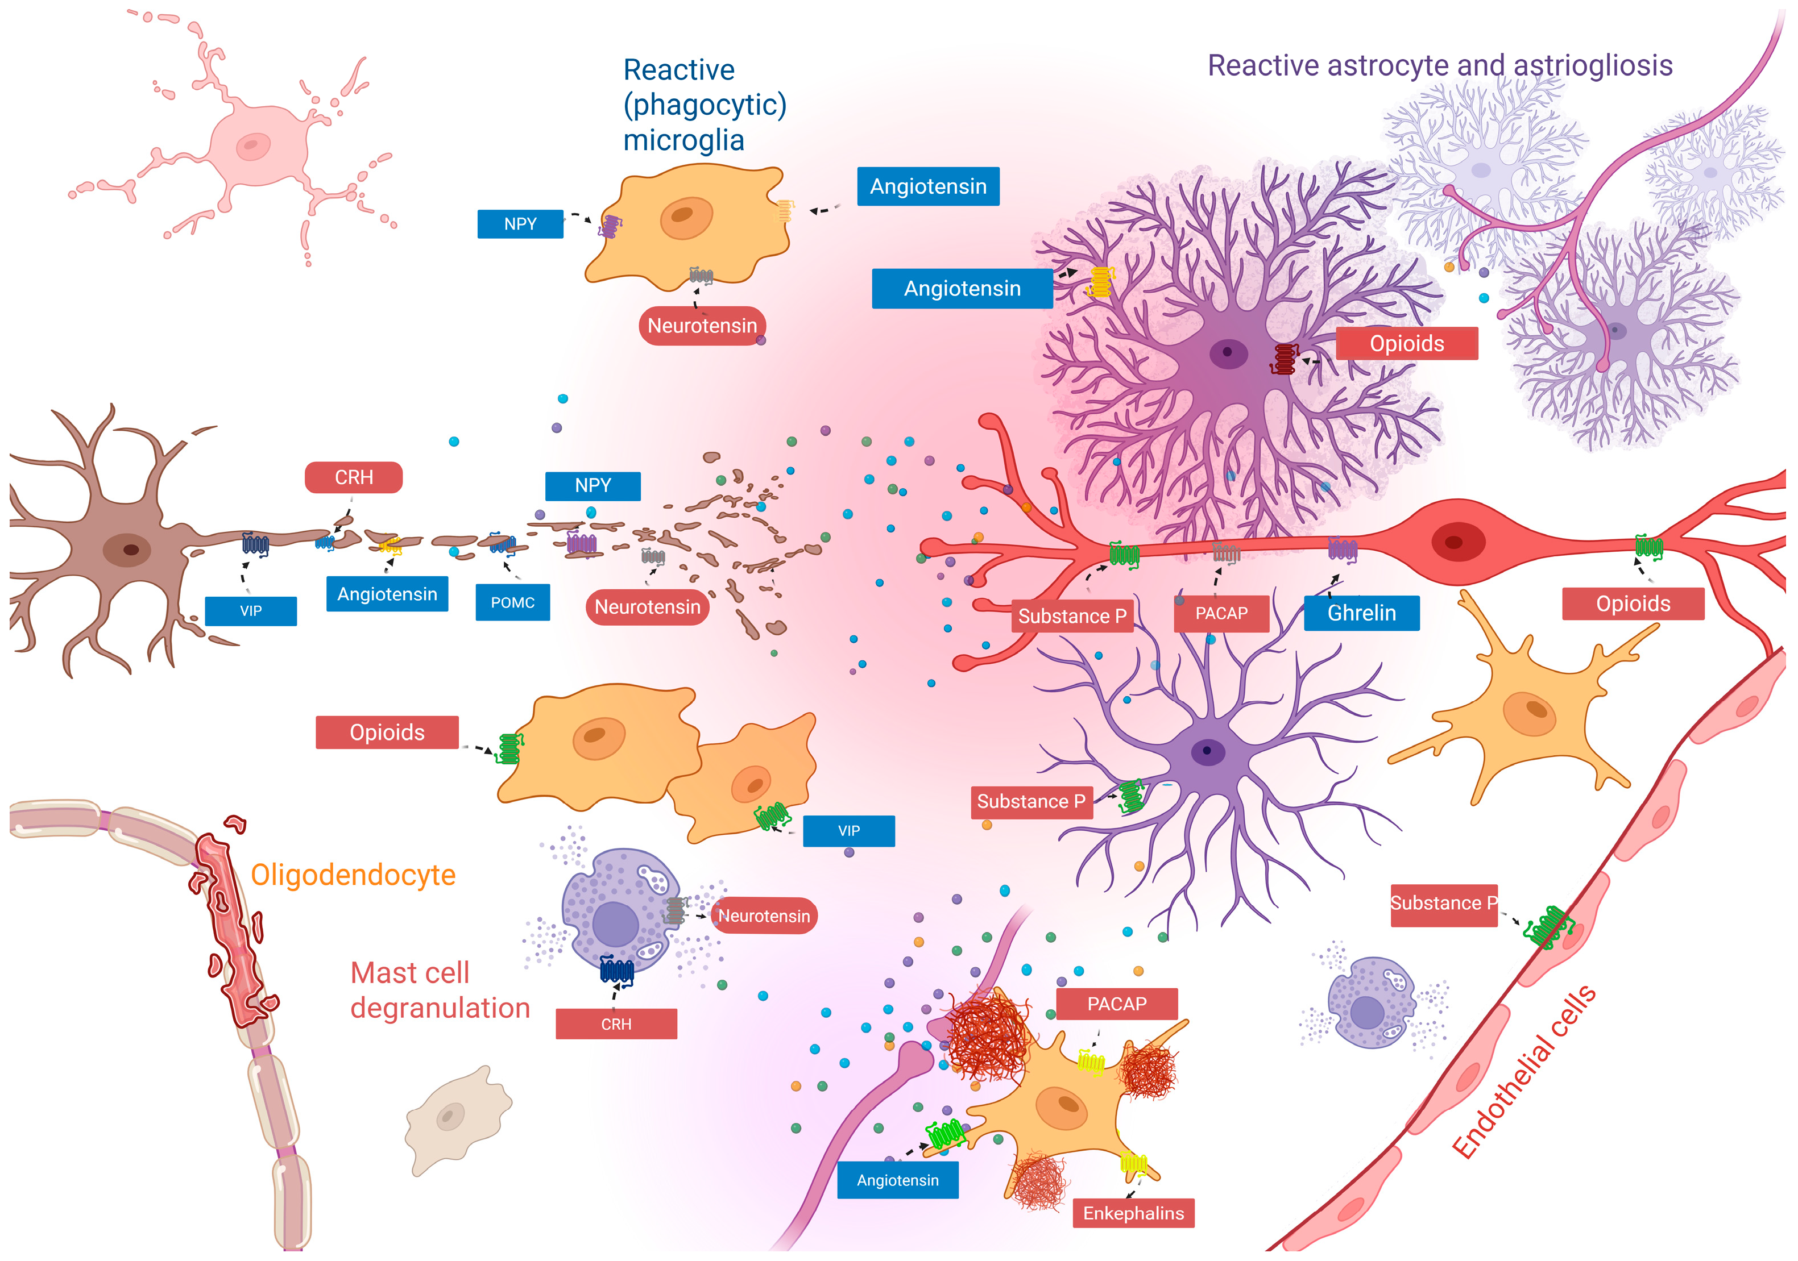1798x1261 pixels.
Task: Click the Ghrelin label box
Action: (x=1361, y=613)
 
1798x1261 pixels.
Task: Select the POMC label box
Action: (x=512, y=603)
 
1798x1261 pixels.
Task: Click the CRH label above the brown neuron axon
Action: (x=353, y=477)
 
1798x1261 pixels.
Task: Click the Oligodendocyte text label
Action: (x=353, y=875)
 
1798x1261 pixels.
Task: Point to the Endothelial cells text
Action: (x=1523, y=1072)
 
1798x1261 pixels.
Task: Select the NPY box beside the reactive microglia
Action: (x=520, y=224)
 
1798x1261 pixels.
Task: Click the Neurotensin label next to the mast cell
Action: (x=764, y=916)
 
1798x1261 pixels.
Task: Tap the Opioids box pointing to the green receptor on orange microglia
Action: (x=387, y=733)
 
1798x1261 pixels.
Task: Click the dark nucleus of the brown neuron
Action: (x=130, y=550)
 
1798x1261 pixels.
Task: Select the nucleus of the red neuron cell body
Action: (x=1453, y=542)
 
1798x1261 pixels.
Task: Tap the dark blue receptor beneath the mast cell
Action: (x=616, y=971)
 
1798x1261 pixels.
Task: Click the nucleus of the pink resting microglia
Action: (x=252, y=145)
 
